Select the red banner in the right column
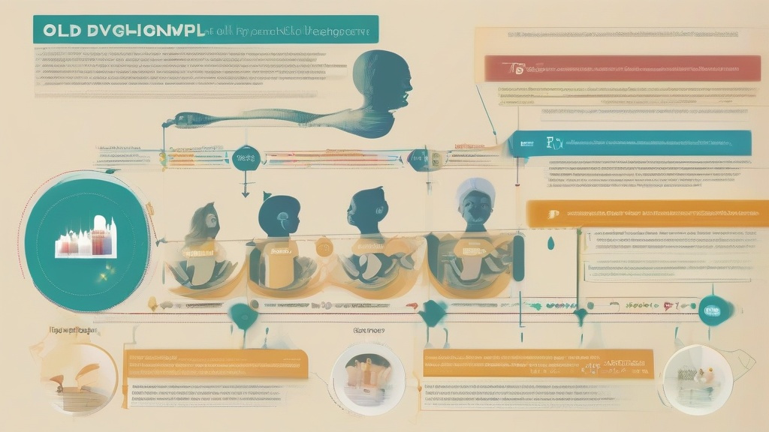point(616,68)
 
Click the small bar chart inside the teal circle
point(86,238)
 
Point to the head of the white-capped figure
point(475,202)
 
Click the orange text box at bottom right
point(538,363)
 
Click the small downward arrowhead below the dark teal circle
point(245,194)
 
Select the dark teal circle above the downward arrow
point(245,157)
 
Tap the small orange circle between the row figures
point(324,247)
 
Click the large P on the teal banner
point(551,142)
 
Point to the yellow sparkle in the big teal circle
point(102,278)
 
